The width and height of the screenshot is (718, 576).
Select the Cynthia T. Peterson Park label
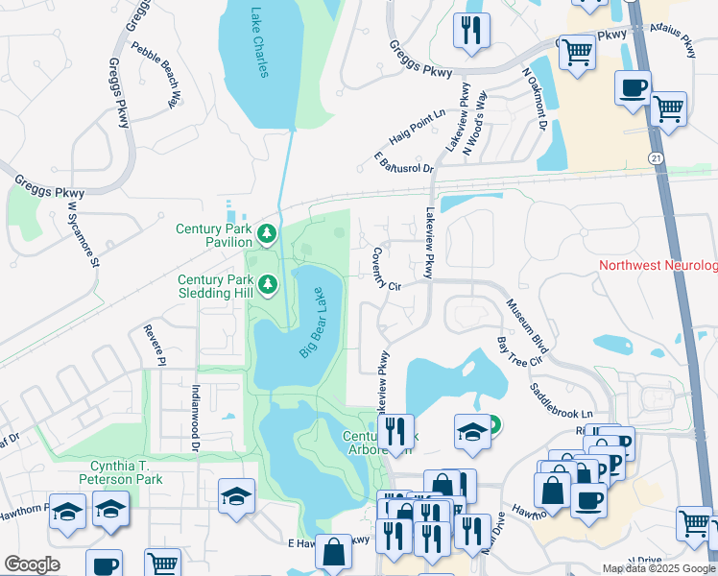pos(108,471)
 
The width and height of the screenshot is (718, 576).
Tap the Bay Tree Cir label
pos(518,350)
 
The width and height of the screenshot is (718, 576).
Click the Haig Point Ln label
pos(418,127)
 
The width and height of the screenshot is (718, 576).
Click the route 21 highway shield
pos(655,156)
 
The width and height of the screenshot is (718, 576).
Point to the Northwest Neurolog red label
pos(658,265)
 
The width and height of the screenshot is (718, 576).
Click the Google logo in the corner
pos(32,564)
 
